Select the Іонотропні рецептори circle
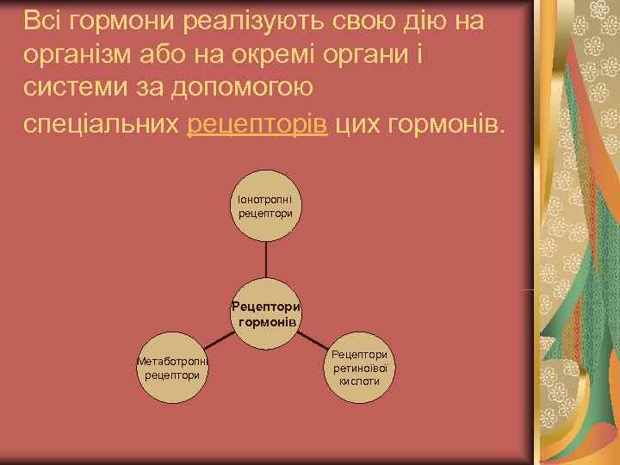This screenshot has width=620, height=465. pos(266,207)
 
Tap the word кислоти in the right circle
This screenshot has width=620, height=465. pos(360,381)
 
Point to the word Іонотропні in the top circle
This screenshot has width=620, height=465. pos(266,200)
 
